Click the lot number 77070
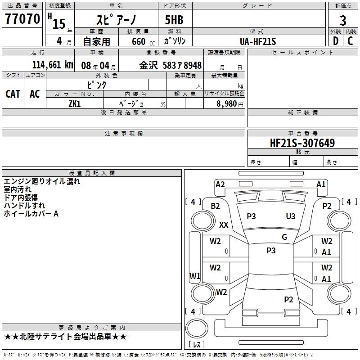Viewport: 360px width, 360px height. pyautogui.click(x=22, y=18)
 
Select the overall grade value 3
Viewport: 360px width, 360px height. pyautogui.click(x=343, y=20)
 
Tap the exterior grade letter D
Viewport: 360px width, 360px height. pyautogui.click(x=336, y=41)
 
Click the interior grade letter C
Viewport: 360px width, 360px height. pyautogui.click(x=350, y=41)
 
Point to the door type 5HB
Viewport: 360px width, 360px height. pyautogui.click(x=174, y=20)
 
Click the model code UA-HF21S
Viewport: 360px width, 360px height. pyautogui.click(x=258, y=41)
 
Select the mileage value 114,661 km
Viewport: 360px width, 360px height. pyautogui.click(x=53, y=65)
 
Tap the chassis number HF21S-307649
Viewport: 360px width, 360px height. pyautogui.click(x=302, y=143)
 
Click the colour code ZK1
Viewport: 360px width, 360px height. pyautogui.click(x=75, y=104)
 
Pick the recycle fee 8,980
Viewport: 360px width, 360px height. pyautogui.click(x=226, y=104)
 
